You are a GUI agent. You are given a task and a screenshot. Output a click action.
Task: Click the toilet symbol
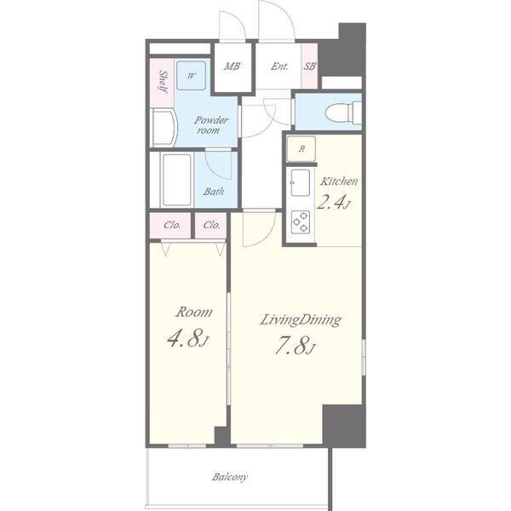[343, 112]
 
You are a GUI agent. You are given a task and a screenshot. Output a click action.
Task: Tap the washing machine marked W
[192, 76]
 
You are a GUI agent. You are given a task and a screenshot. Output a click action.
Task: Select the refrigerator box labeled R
[301, 149]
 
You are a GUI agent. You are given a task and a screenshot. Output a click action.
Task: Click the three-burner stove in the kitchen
[301, 222]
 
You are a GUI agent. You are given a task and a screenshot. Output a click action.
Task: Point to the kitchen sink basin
[300, 182]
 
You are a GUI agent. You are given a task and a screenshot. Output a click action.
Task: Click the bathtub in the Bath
[177, 180]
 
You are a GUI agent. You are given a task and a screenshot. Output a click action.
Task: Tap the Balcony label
[230, 477]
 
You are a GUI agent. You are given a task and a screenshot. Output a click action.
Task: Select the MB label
[232, 66]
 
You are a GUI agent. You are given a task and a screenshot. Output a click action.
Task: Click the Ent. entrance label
[279, 66]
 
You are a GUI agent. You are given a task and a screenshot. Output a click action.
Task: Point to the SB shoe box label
[310, 66]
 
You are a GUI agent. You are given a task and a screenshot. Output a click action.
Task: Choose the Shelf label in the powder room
[164, 82]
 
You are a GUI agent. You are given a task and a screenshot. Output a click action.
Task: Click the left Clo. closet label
[172, 225]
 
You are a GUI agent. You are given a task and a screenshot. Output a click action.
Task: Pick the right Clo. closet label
[211, 225]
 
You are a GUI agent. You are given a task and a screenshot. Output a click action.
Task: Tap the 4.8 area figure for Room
[187, 337]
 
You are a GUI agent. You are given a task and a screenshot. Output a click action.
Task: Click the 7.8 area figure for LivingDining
[296, 346]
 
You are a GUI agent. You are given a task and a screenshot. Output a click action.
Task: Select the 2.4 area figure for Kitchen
[333, 202]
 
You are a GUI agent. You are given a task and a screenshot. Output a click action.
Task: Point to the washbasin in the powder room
[164, 128]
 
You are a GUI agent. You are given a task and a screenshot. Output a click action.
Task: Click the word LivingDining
[301, 319]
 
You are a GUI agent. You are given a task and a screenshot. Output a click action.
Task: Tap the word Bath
[214, 192]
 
